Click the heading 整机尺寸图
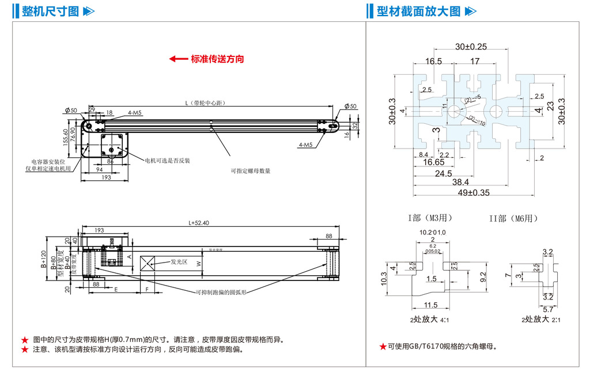click(x=50, y=11)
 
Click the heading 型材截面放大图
click(x=418, y=11)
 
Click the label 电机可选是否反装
click(x=167, y=160)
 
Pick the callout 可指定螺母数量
click(x=251, y=171)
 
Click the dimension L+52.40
click(x=199, y=223)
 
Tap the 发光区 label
click(x=179, y=261)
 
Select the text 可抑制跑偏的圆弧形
click(x=221, y=292)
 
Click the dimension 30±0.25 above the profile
click(x=471, y=47)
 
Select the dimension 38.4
click(x=463, y=183)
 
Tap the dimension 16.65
click(x=434, y=163)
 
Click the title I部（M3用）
click(x=429, y=218)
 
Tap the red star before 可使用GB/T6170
click(x=383, y=347)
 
